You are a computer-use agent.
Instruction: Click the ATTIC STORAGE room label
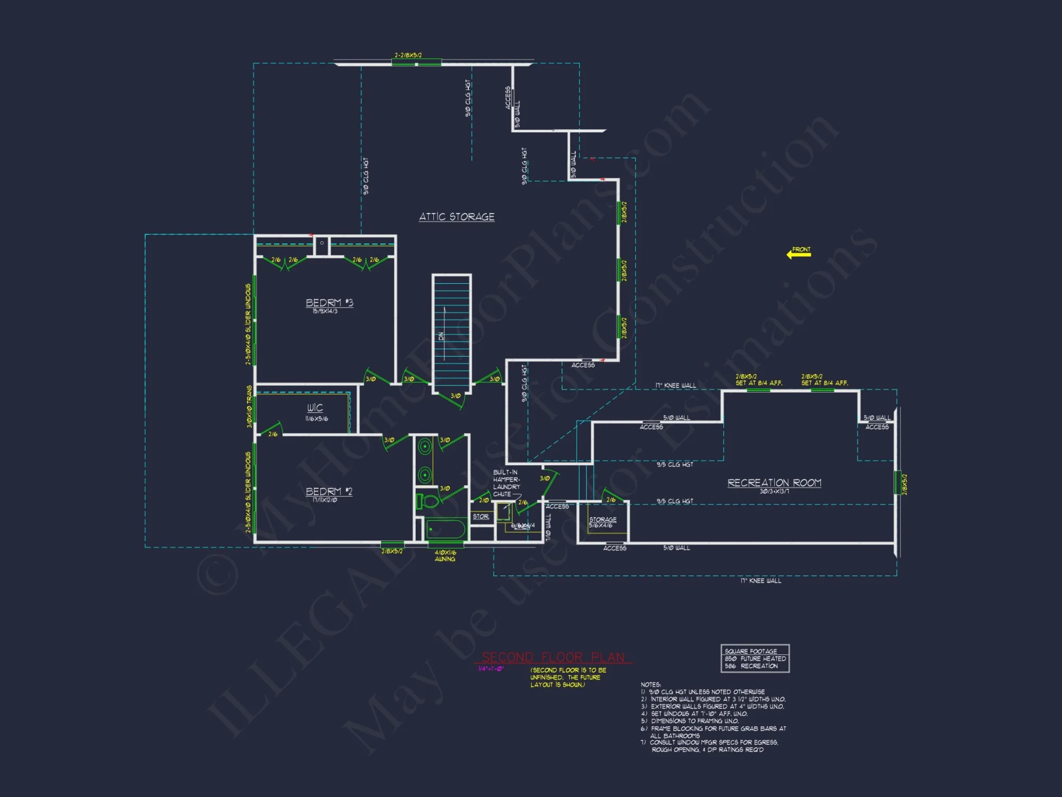[457, 217]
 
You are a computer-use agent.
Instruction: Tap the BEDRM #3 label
[329, 303]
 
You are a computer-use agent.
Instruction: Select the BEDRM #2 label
[329, 491]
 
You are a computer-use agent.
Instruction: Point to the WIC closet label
[315, 408]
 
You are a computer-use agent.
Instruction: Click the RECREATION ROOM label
[774, 483]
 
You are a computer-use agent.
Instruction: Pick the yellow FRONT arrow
[799, 254]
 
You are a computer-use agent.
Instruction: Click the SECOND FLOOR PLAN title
[553, 657]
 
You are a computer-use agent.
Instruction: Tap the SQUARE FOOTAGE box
[755, 658]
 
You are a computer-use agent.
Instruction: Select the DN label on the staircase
[441, 336]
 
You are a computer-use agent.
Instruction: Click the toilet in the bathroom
[428, 501]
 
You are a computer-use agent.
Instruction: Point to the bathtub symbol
[446, 529]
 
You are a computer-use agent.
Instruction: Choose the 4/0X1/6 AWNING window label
[445, 556]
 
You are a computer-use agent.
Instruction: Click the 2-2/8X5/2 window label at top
[408, 55]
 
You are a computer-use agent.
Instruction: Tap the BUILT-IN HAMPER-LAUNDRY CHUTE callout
[506, 483]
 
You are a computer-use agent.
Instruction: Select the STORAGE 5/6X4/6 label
[603, 522]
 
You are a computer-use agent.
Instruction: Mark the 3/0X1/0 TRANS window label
[249, 406]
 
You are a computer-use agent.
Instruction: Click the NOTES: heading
[650, 684]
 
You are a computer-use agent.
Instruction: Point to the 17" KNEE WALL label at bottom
[760, 581]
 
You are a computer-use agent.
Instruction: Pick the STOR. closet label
[481, 516]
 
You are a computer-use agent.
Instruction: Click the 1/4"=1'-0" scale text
[491, 669]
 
